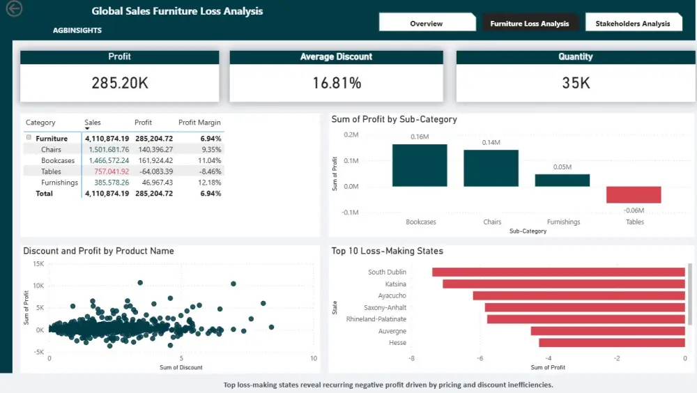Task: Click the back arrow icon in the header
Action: coord(13,9)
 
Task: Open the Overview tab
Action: coord(426,23)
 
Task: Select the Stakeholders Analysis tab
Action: coord(632,23)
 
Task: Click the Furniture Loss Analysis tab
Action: coord(529,23)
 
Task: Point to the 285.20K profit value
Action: coord(120,83)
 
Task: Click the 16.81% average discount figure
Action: coord(337,84)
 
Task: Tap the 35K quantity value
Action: coord(575,84)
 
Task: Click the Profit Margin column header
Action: coord(199,123)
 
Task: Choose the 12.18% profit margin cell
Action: coord(210,183)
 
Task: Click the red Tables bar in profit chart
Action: coord(633,194)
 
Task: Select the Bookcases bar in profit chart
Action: coord(420,165)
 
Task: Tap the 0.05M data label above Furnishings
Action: coord(562,167)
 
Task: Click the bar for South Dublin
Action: coord(558,272)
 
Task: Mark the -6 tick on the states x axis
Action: coord(480,358)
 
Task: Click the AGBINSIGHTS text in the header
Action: coord(77,31)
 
